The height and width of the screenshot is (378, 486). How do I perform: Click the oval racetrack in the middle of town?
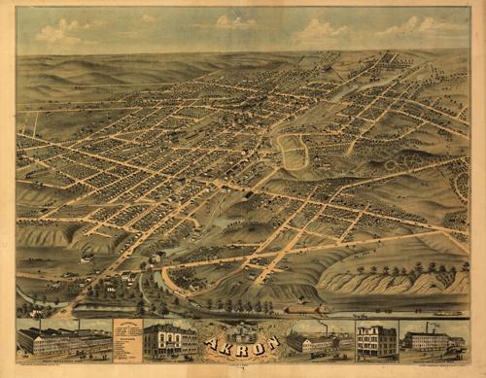[293, 152]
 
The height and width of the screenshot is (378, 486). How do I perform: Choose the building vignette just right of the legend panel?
[169, 339]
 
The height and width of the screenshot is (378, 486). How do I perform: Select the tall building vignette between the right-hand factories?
[376, 340]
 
